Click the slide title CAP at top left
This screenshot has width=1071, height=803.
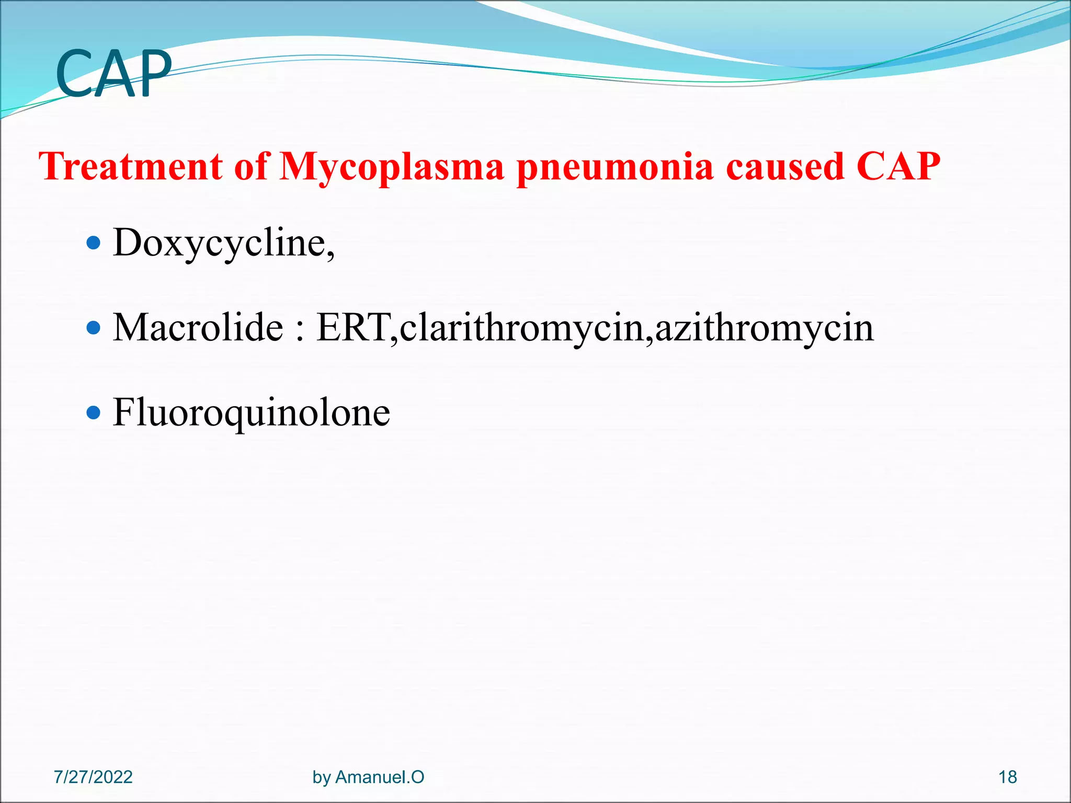pyautogui.click(x=113, y=74)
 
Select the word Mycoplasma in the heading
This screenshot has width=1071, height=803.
pyautogui.click(x=392, y=167)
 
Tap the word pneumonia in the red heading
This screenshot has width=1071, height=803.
pyautogui.click(x=614, y=167)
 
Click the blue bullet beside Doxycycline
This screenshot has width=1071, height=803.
pyautogui.click(x=93, y=243)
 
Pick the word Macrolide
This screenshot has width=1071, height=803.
pyautogui.click(x=198, y=328)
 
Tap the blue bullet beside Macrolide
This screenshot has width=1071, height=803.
pyautogui.click(x=93, y=328)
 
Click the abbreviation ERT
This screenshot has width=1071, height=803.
pyautogui.click(x=354, y=328)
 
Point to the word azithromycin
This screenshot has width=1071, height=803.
pyautogui.click(x=764, y=328)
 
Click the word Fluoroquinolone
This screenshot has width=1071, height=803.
pyautogui.click(x=251, y=413)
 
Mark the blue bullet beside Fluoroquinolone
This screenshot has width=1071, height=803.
pyautogui.click(x=93, y=413)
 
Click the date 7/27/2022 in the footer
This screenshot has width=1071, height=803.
pyautogui.click(x=93, y=777)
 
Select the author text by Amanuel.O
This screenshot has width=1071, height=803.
pyautogui.click(x=368, y=777)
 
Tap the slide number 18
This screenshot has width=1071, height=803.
pyautogui.click(x=1007, y=777)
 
